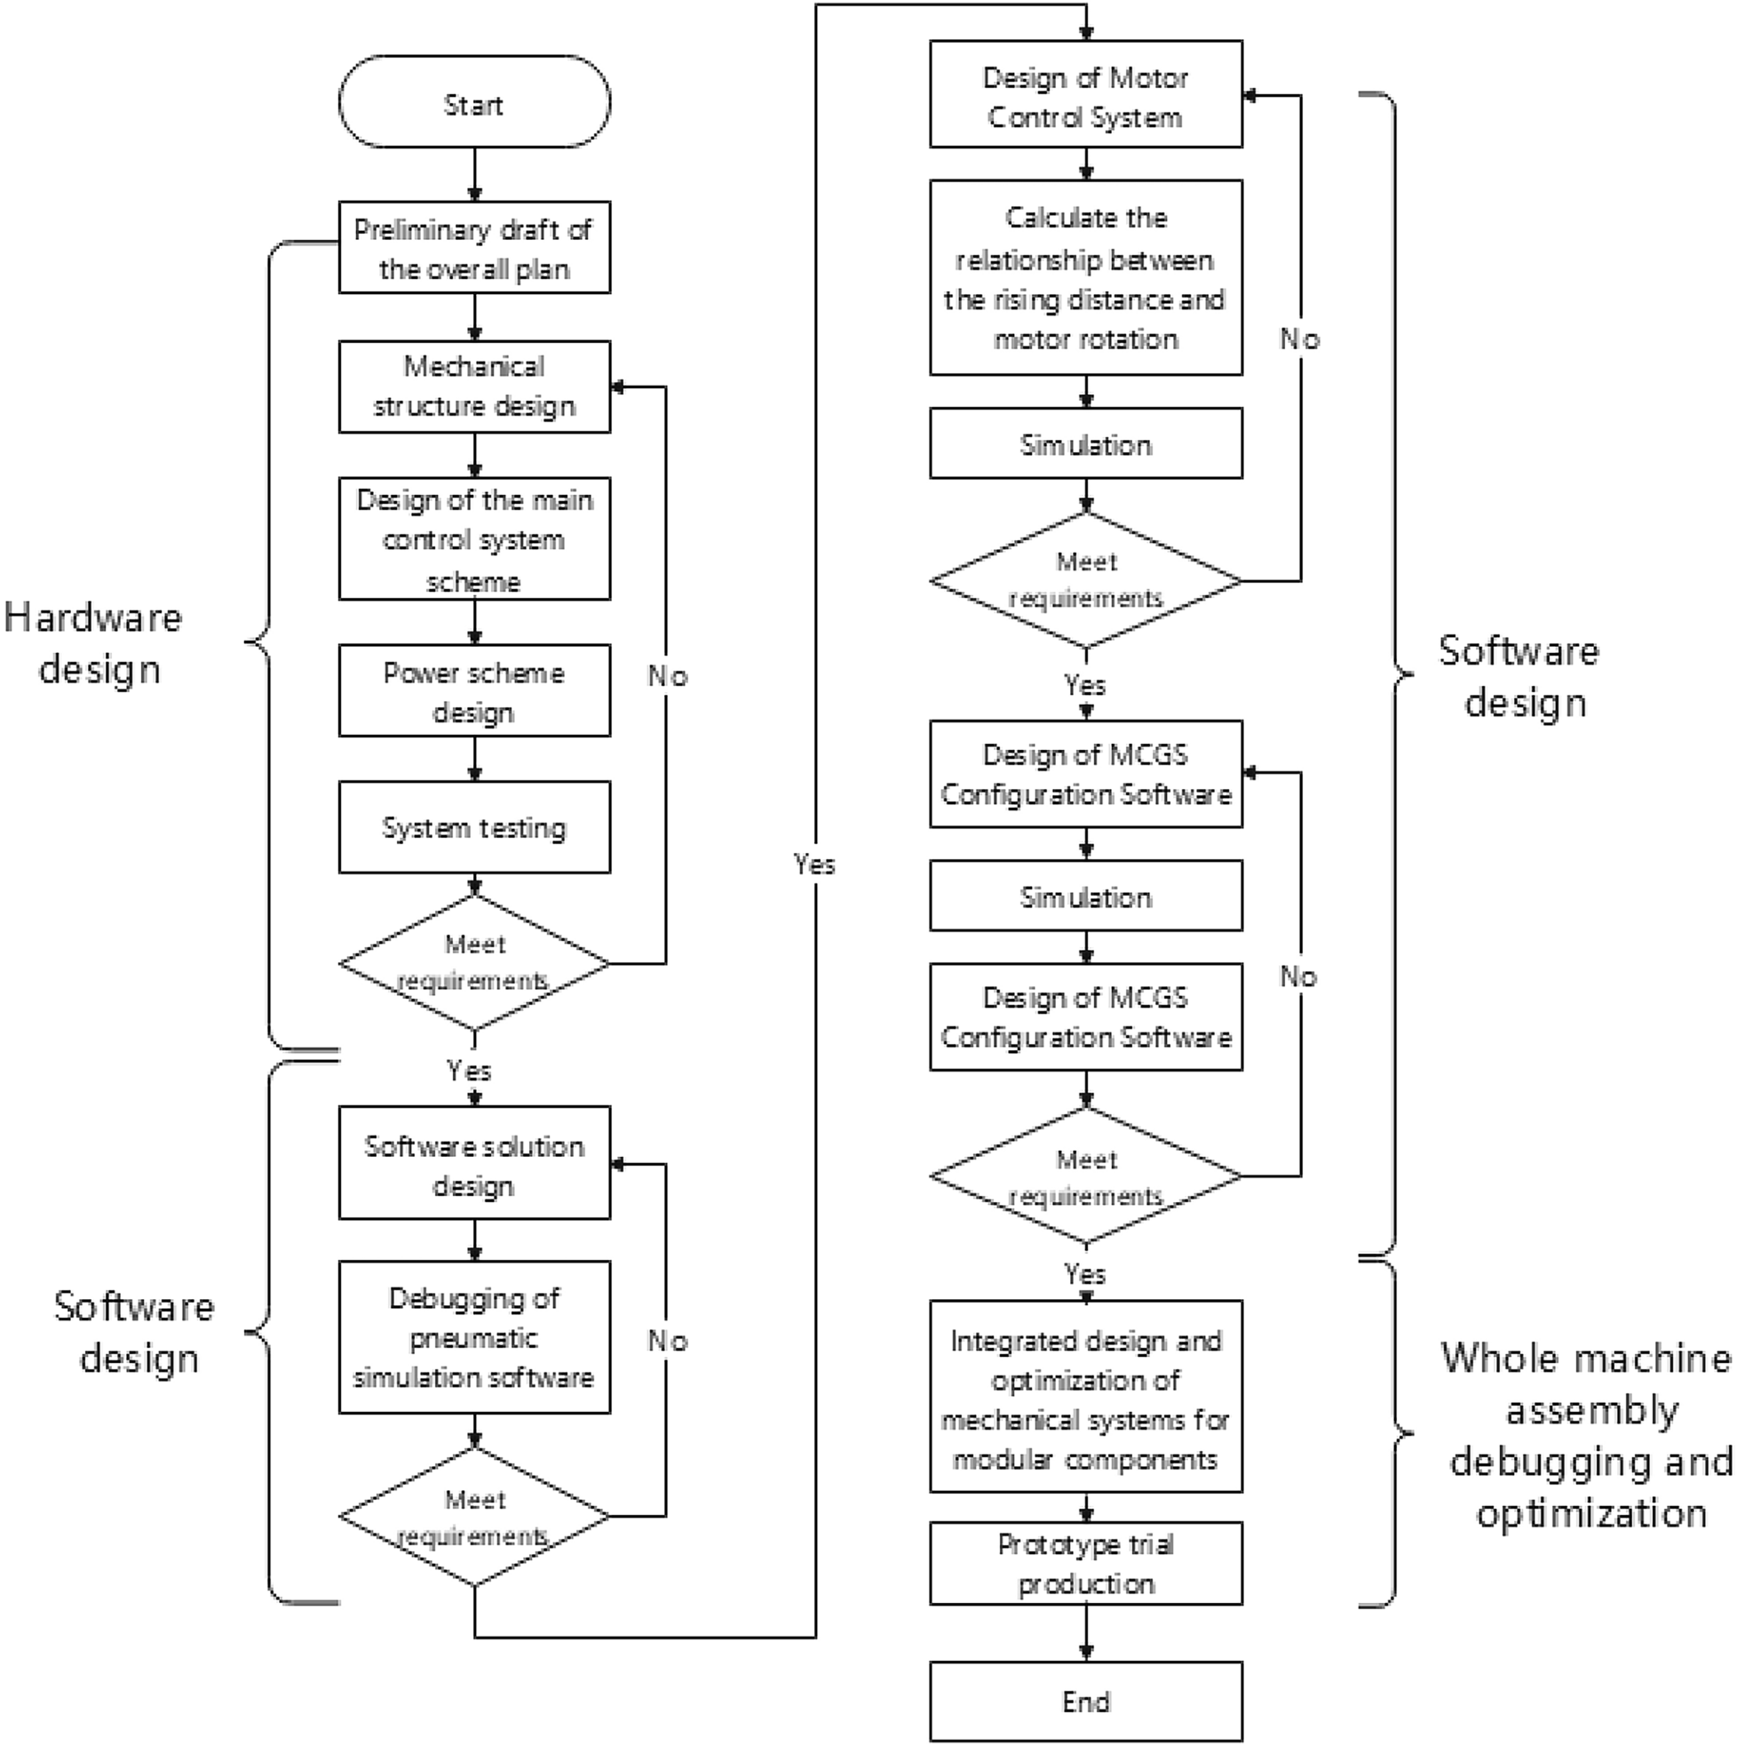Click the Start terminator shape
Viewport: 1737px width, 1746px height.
click(x=474, y=101)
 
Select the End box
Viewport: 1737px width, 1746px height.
click(x=1086, y=1701)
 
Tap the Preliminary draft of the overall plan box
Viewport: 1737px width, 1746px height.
click(x=474, y=248)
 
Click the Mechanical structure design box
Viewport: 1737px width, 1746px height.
click(x=474, y=386)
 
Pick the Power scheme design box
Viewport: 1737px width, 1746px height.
click(x=474, y=690)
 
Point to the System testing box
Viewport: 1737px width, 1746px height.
click(x=474, y=827)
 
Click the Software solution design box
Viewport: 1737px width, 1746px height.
click(x=474, y=1164)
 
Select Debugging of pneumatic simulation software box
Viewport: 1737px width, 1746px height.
click(x=474, y=1336)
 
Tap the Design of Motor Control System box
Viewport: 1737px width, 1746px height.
click(x=1086, y=95)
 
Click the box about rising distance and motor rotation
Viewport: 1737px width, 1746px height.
click(x=1086, y=277)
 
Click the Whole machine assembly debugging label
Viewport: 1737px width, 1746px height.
click(x=1587, y=1435)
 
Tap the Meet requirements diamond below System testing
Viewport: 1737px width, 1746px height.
click(x=474, y=962)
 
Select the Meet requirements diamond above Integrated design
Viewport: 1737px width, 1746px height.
click(x=1086, y=1176)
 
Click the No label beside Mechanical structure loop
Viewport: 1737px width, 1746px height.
click(x=668, y=676)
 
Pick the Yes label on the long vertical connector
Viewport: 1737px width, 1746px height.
click(x=813, y=865)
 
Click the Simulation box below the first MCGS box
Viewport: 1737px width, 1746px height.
click(x=1086, y=897)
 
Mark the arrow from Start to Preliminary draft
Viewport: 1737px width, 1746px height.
click(x=474, y=174)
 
